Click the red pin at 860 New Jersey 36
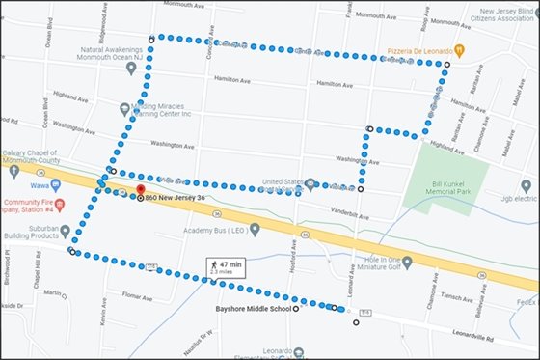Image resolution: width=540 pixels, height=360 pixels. coord(139,190)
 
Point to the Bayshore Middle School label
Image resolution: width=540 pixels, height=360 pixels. coord(253,310)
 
